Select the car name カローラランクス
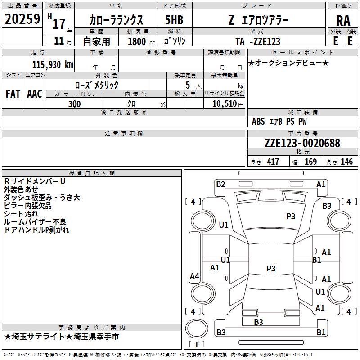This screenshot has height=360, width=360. (116, 20)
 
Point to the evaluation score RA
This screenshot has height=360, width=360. (343, 20)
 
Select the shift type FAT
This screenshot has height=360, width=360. (13, 94)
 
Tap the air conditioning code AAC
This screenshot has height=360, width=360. (35, 94)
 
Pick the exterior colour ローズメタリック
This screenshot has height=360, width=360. (97, 85)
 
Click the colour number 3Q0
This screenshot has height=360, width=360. (75, 103)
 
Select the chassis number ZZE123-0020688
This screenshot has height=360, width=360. (302, 143)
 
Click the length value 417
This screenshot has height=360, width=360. (273, 162)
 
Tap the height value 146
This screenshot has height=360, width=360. (346, 162)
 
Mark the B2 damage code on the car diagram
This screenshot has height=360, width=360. (220, 184)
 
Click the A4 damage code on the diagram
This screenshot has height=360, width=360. (194, 276)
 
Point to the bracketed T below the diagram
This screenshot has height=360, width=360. (197, 344)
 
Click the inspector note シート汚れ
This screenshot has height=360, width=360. (21, 214)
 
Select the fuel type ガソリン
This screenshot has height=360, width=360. (175, 41)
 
